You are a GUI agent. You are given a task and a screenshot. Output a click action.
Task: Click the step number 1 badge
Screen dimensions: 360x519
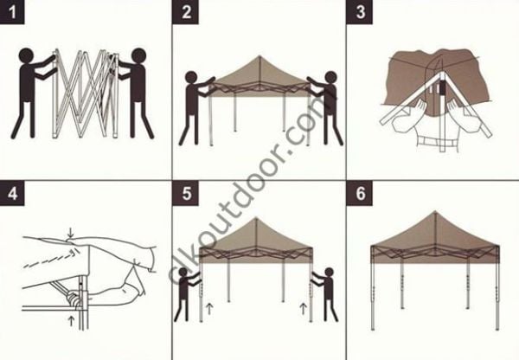(13, 12)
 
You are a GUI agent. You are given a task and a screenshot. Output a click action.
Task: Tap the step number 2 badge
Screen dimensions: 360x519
(187, 12)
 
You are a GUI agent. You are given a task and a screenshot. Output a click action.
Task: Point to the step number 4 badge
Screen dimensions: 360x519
(13, 192)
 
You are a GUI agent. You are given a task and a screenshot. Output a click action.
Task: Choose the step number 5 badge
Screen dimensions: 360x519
(187, 192)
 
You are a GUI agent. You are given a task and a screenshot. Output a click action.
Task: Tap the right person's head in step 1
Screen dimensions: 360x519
(137, 60)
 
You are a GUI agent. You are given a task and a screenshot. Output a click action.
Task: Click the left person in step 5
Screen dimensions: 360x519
(186, 294)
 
